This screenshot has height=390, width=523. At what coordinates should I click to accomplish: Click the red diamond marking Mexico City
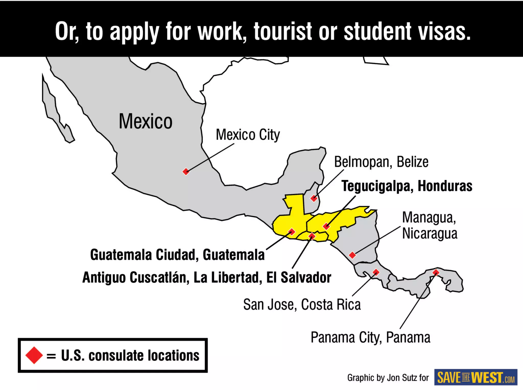click(186, 171)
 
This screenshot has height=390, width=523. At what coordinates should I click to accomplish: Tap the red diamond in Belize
click(314, 198)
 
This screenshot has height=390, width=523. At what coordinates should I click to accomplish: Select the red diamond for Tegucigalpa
click(326, 226)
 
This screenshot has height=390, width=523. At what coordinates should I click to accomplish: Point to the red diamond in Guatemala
click(292, 232)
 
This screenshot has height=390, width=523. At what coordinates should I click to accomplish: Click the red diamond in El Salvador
click(312, 236)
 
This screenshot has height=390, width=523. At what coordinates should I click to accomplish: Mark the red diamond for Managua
click(352, 255)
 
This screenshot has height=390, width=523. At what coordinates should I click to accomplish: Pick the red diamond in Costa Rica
click(376, 272)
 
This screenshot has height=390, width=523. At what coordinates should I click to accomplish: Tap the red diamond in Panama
click(436, 273)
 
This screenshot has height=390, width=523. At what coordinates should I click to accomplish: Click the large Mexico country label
click(146, 122)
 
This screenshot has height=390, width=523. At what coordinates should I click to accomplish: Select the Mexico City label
click(248, 135)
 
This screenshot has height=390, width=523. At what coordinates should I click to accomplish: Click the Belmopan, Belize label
click(381, 162)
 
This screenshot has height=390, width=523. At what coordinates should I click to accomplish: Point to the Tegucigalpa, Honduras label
click(407, 186)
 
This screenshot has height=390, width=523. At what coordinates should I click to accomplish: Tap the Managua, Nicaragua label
click(430, 225)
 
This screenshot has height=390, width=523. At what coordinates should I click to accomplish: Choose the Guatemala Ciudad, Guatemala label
click(177, 255)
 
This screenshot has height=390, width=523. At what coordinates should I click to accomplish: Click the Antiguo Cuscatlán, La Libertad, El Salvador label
click(207, 277)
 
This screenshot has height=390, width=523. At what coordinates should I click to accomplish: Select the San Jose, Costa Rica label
click(302, 304)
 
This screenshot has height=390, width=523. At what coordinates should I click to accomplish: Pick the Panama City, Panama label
click(370, 337)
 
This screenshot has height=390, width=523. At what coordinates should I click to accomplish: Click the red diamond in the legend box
click(34, 355)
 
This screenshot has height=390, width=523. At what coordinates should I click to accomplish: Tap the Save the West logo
click(476, 377)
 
